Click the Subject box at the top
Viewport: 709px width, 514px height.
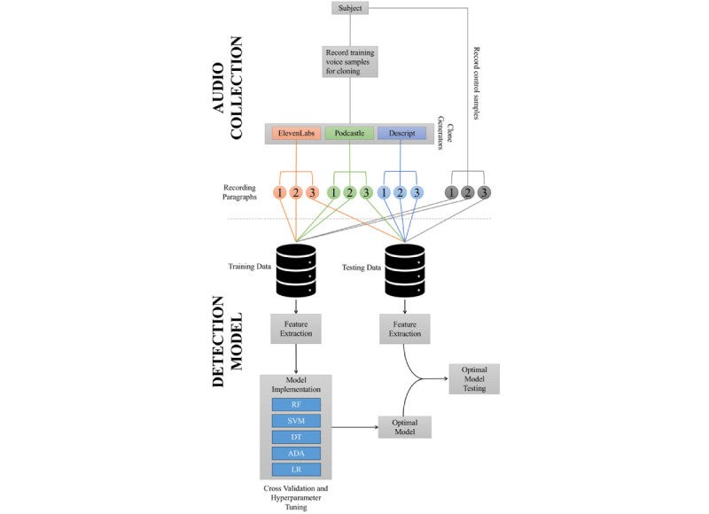[x=350, y=8]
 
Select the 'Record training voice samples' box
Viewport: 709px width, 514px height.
[x=350, y=61]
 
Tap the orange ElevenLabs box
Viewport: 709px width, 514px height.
[x=296, y=133]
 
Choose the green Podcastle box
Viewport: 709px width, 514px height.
[x=349, y=133]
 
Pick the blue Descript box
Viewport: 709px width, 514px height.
[x=402, y=133]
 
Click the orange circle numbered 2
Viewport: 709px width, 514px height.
[x=296, y=192]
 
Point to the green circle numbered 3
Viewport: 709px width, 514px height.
[x=366, y=192]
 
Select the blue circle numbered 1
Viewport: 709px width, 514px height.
[x=384, y=192]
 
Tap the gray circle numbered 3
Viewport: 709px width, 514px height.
[x=484, y=192]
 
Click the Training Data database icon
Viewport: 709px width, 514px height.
[x=296, y=271]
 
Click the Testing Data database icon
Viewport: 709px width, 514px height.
[x=405, y=271]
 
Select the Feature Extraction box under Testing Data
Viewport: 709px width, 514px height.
[x=405, y=329]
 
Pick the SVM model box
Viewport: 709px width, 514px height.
[x=296, y=421]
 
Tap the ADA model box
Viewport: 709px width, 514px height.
[x=296, y=454]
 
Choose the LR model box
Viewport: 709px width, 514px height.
[x=296, y=470]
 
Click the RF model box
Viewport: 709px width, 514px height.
[x=296, y=405]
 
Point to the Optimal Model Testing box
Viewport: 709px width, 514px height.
[x=474, y=378]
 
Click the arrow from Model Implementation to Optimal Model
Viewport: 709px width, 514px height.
[x=355, y=427]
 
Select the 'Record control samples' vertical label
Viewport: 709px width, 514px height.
[x=476, y=82]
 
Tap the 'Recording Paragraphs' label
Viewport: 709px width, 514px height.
[x=239, y=192]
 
